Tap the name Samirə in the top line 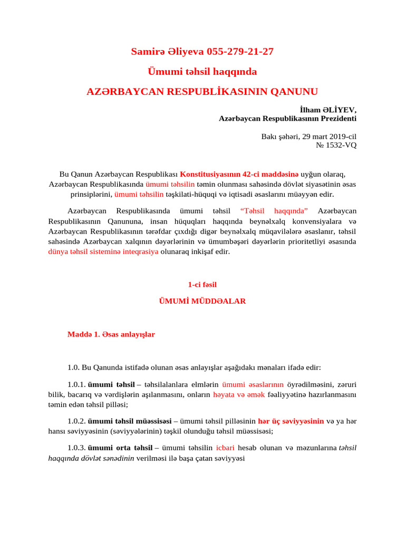pyautogui.click(x=147, y=52)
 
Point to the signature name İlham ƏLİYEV pyautogui.click(x=328, y=110)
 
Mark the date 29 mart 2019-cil pyautogui.click(x=327, y=136)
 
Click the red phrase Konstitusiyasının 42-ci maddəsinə pyautogui.click(x=239, y=174)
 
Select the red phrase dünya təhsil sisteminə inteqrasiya pyautogui.click(x=103, y=252)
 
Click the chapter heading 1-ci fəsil pyautogui.click(x=202, y=285)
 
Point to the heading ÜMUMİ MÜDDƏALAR pyautogui.click(x=202, y=302)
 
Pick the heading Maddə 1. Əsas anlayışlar pyautogui.click(x=111, y=334)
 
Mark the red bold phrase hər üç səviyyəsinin pyautogui.click(x=291, y=421)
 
